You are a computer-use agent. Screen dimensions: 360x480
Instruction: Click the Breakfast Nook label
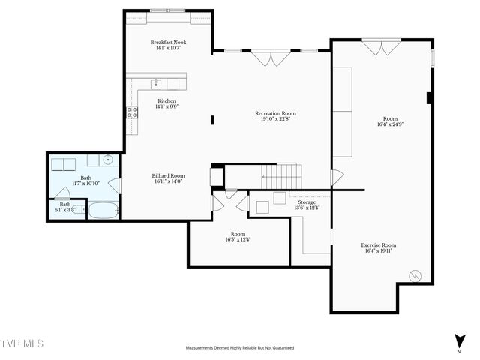click(168, 43)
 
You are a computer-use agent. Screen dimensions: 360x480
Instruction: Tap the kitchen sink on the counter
click(156, 83)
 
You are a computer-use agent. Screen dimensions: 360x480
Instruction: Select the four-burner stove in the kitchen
click(132, 113)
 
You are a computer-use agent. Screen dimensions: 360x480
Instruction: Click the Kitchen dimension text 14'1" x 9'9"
click(167, 106)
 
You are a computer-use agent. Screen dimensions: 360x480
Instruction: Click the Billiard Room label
click(168, 175)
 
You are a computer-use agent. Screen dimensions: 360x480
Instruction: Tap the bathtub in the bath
click(103, 210)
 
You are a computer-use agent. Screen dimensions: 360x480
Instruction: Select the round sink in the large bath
click(108, 160)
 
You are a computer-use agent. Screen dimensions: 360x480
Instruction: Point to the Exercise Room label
click(379, 245)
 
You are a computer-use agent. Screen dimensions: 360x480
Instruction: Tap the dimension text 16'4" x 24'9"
click(390, 124)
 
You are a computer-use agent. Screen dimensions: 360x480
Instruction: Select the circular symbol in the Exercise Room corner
click(415, 276)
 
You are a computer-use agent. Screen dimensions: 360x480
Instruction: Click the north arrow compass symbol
click(459, 340)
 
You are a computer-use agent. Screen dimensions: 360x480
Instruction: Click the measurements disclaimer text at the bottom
click(240, 348)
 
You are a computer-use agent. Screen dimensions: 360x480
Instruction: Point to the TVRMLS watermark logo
click(22, 343)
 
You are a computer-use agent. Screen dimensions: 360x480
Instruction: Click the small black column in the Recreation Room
click(213, 118)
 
